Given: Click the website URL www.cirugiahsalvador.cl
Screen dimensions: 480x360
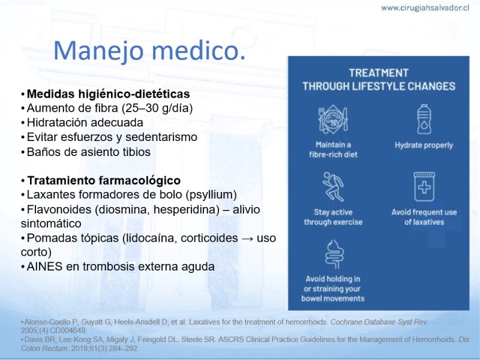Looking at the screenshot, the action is point(425,8).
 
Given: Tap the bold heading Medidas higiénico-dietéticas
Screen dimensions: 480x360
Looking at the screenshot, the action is point(109,94).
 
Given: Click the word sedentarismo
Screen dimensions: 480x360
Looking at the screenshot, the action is point(161,137).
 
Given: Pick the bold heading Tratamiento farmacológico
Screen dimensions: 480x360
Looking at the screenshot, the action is point(104,181).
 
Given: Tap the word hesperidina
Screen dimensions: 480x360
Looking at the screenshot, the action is point(187,209).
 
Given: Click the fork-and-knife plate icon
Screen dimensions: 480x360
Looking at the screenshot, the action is point(333,119).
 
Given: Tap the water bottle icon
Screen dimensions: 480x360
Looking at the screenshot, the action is point(424,119).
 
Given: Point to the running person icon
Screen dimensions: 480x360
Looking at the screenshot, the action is point(333,187).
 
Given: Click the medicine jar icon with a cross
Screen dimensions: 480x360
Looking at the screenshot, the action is point(424,187).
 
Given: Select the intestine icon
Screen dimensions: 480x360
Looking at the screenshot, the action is point(334,254).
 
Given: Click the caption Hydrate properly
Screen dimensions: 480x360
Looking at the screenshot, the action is point(424,145).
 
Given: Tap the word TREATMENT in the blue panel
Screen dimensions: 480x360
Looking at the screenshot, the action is point(379,73).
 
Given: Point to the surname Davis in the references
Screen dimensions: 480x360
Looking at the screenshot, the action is point(32,340).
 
